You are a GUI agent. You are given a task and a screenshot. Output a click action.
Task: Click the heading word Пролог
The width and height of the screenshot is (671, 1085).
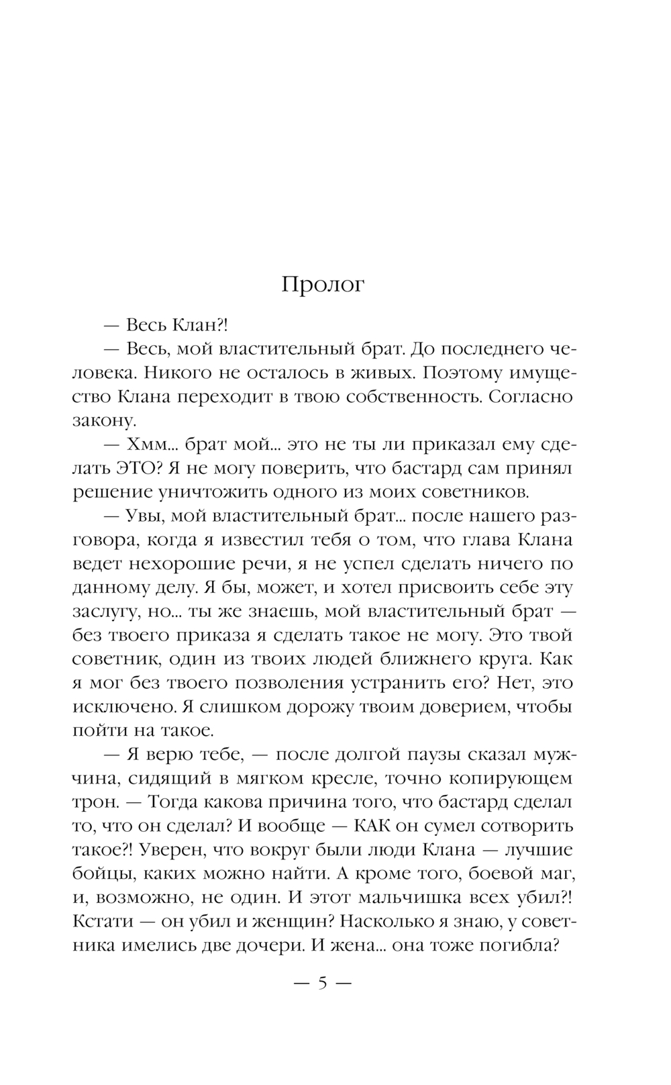pyautogui.click(x=323, y=285)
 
